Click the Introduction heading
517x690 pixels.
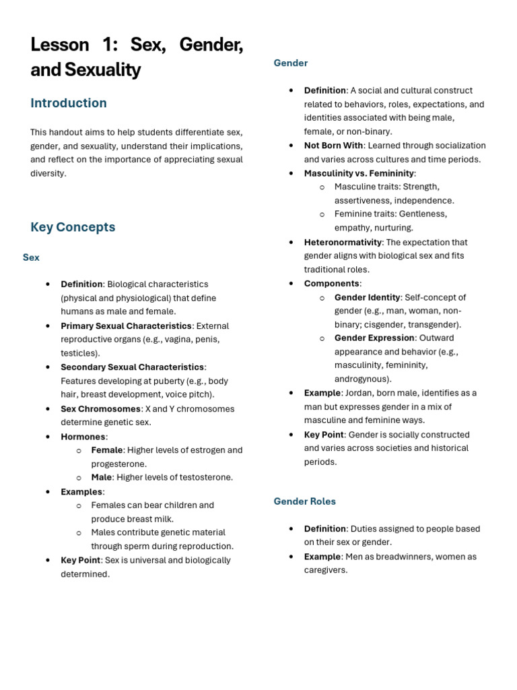coord(69,103)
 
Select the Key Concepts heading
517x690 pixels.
coord(73,227)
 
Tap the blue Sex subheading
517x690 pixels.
coord(31,257)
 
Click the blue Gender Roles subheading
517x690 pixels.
coord(304,501)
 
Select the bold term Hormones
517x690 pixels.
coord(83,437)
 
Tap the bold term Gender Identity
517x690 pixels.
coord(367,297)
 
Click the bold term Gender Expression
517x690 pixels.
coord(374,338)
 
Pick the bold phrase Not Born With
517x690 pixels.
coord(333,146)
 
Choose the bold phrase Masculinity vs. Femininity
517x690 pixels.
coord(359,173)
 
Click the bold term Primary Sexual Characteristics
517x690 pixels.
coord(126,325)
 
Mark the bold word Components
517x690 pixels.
coord(331,284)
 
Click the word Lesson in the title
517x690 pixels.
coord(60,45)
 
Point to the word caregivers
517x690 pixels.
coord(325,570)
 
